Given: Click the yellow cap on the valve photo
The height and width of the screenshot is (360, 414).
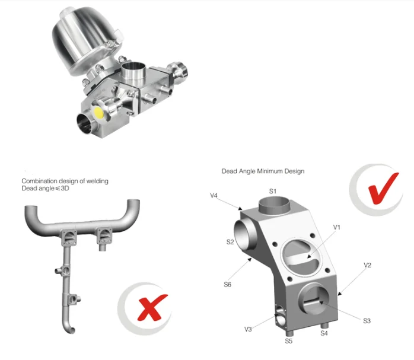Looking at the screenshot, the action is pyautogui.click(x=98, y=112).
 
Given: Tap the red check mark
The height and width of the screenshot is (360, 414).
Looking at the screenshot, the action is pyautogui.click(x=383, y=188).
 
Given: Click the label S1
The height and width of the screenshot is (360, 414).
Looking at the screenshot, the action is pyautogui.click(x=273, y=191).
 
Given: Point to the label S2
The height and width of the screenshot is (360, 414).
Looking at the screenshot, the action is pyautogui.click(x=230, y=242).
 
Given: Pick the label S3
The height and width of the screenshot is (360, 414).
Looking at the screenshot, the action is pyautogui.click(x=367, y=321).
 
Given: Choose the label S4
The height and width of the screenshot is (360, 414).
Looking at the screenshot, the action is pyautogui.click(x=324, y=333).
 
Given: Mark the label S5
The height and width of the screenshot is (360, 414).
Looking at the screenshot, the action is pyautogui.click(x=289, y=341).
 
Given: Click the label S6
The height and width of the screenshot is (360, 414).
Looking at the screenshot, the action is pyautogui.click(x=227, y=284).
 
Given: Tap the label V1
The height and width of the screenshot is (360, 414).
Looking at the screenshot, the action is pyautogui.click(x=337, y=227).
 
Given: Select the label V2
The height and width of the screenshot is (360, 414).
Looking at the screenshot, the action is pyautogui.click(x=367, y=265).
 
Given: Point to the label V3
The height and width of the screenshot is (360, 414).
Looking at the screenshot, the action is pyautogui.click(x=248, y=329).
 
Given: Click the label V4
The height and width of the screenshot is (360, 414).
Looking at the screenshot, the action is pyautogui.click(x=214, y=196).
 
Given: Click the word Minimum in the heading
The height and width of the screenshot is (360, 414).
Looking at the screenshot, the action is pyautogui.click(x=270, y=171).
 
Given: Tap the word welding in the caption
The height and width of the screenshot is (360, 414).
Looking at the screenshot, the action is pyautogui.click(x=97, y=181).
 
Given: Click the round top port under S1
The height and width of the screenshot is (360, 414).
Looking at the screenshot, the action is pyautogui.click(x=274, y=205).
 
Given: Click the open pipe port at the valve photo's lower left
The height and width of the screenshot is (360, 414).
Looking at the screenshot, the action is pyautogui.click(x=84, y=123).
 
